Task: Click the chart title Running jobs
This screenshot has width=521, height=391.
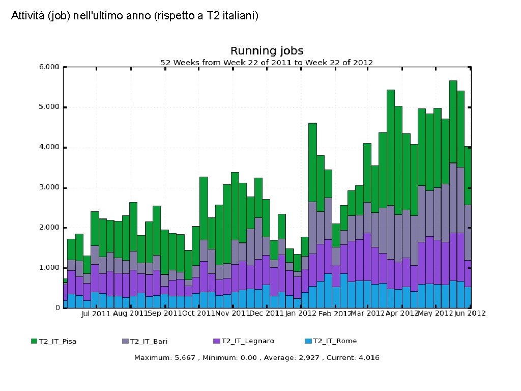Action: click(x=267, y=51)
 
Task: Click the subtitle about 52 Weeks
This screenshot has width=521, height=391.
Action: click(x=267, y=63)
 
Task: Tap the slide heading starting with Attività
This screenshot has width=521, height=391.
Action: click(x=135, y=16)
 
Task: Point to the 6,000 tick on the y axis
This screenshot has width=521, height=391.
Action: click(x=49, y=67)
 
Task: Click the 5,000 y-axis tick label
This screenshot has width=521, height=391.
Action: click(x=49, y=107)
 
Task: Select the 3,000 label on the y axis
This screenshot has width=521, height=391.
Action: click(x=49, y=187)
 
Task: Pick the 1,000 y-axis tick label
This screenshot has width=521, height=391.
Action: click(x=49, y=268)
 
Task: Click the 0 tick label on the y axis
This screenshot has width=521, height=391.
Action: click(x=57, y=308)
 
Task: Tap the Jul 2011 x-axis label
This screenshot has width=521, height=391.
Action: click(x=96, y=314)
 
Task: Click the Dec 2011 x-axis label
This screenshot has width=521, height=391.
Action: click(x=266, y=314)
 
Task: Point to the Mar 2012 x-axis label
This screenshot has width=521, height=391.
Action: click(x=368, y=314)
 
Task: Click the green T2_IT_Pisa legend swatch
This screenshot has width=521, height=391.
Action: click(x=34, y=341)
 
